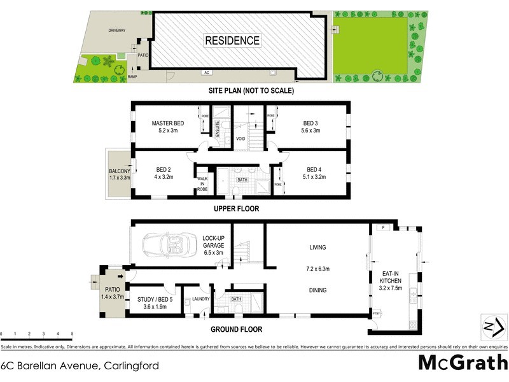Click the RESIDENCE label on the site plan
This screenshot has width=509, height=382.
pyautogui.click(x=232, y=41)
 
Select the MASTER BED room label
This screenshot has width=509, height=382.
pyautogui.click(x=167, y=127)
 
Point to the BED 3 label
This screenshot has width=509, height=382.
pyautogui.click(x=310, y=127)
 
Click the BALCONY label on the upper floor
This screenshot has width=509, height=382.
pyautogui.click(x=119, y=174)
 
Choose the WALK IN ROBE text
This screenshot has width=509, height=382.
pyautogui.click(x=202, y=184)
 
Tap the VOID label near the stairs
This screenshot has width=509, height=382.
pyautogui.click(x=241, y=138)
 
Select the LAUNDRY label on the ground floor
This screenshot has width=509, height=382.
pyautogui.click(x=201, y=299)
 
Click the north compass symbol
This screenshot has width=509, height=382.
pyautogui.click(x=492, y=327)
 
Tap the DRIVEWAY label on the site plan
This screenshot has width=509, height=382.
pyautogui.click(x=117, y=30)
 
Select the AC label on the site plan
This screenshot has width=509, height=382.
pyautogui.click(x=207, y=73)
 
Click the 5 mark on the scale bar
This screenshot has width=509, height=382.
pyautogui.click(x=73, y=334)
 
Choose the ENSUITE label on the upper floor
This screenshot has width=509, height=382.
pyautogui.click(x=218, y=129)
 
